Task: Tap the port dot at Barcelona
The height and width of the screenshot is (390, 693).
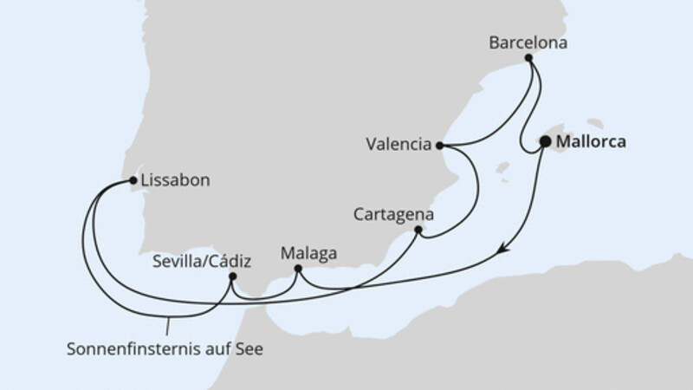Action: click(528, 58)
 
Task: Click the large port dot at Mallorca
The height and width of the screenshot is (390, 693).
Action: click(546, 141)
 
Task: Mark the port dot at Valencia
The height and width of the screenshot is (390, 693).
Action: click(439, 146)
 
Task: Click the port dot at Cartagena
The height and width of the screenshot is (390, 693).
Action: click(418, 231)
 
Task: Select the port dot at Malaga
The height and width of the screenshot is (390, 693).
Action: click(298, 270)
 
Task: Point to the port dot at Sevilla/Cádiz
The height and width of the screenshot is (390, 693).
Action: click(232, 276)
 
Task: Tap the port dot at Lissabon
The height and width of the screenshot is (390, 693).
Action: click(133, 181)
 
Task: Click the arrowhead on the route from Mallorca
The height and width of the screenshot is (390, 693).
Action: click(504, 250)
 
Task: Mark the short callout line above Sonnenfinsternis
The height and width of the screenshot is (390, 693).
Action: click(168, 328)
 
